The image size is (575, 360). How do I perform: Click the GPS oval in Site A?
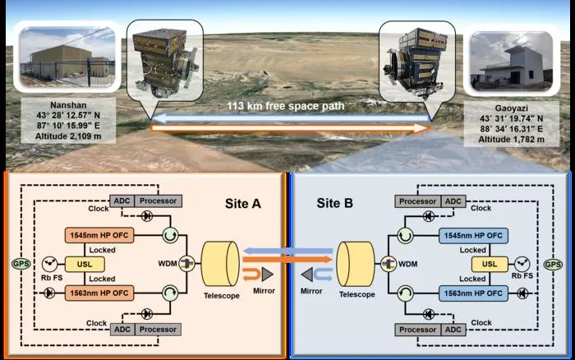coord(21,264)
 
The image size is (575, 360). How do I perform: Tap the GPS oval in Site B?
coord(553,264)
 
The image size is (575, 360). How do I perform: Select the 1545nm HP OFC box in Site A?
coord(99,235)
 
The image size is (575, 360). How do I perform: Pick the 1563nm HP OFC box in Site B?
coord(473,293)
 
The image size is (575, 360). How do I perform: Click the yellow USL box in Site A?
coord(85,264)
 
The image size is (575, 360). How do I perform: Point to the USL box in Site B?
coord(490,264)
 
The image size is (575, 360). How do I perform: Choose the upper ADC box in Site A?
coord(122,201)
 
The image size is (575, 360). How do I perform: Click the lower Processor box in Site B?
coord(417,330)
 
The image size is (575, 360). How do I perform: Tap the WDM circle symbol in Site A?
coord(187,264)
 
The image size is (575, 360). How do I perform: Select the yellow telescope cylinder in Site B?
coord(356,264)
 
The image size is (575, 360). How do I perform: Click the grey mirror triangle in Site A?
coord(267,275)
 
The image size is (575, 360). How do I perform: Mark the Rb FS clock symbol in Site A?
coord(49,264)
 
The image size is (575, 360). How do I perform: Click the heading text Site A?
coord(243,204)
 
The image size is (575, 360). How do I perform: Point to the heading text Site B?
coord(335,203)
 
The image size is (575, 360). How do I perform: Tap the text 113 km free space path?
coord(286,106)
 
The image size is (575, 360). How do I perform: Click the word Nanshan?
coord(68,105)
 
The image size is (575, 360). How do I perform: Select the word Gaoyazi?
coord(511,108)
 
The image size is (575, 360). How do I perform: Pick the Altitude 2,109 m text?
coord(68,136)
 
